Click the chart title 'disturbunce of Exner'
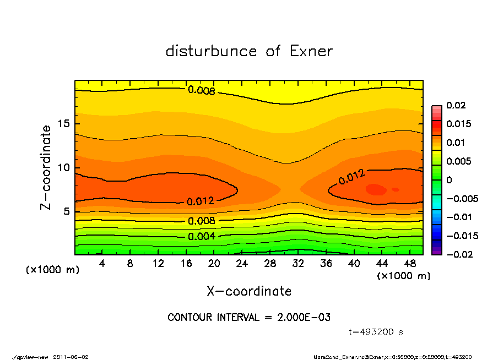coord(249,51)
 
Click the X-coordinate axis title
coord(249,291)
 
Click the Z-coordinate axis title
coord(46,167)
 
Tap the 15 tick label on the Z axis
coord(64,124)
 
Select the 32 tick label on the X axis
coord(298,264)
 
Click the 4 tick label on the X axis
coord(102,264)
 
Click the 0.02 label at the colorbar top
coord(456,105)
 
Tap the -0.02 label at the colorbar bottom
coord(458,254)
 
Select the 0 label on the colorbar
coord(449,180)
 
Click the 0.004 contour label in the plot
coord(202,237)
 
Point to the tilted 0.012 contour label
coord(351,177)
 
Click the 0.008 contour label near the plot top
coord(201,91)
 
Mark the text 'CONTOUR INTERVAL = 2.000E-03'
coord(249,318)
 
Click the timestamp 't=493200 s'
coord(376,332)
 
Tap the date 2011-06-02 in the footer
coord(71,357)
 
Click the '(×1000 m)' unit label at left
coord(52,270)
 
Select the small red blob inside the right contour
coord(376,189)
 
